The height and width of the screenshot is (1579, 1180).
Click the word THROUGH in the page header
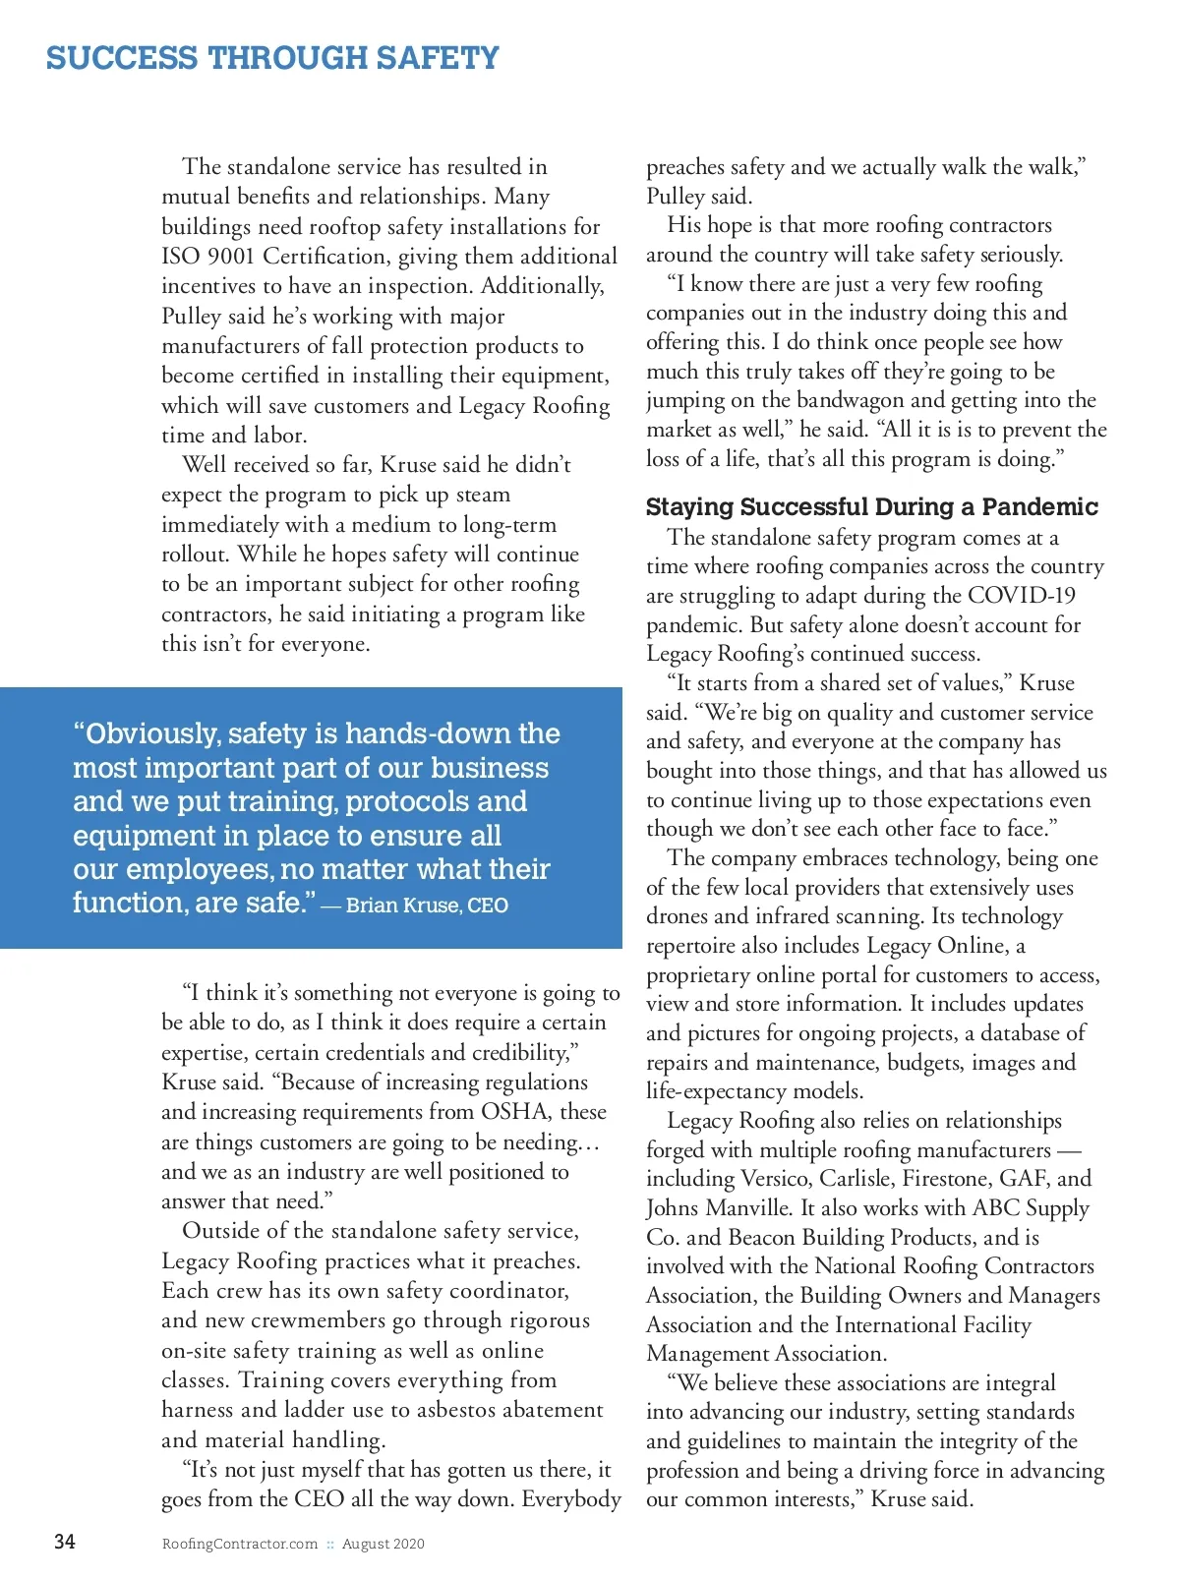[x=286, y=58]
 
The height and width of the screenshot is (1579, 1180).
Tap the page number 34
[x=65, y=1542]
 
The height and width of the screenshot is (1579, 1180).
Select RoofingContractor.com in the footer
[x=240, y=1544]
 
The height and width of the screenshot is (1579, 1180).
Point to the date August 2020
[x=383, y=1544]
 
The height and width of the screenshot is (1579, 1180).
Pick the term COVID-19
[x=1022, y=596]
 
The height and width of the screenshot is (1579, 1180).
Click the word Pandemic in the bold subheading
[x=1039, y=507]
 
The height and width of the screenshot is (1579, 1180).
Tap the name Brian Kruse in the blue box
[x=402, y=906]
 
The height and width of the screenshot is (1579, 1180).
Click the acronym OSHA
[x=515, y=1112]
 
